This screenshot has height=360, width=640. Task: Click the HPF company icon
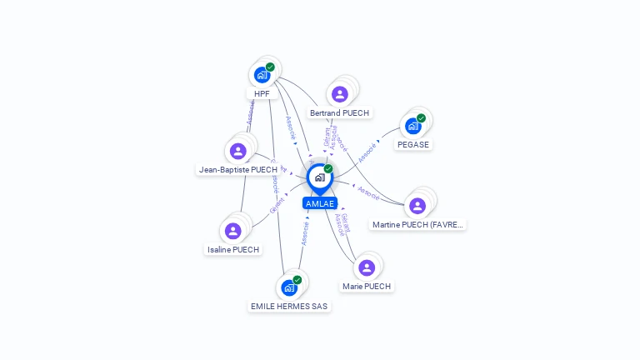[262, 75]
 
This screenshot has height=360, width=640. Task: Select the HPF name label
[262, 93]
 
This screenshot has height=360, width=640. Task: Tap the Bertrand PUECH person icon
[339, 94]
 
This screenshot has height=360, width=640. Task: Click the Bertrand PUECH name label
[339, 112]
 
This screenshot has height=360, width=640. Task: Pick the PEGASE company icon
[412, 126]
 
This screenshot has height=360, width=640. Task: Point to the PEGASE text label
[412, 144]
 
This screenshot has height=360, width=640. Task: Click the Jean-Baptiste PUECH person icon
[237, 151]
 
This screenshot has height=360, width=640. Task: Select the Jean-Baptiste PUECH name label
[237, 169]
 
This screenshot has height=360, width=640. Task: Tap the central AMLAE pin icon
[319, 177]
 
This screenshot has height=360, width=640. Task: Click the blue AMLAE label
[319, 203]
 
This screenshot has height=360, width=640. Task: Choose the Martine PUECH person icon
[417, 206]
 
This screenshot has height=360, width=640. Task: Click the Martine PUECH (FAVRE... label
[417, 224]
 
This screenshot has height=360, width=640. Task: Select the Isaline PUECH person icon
[232, 231]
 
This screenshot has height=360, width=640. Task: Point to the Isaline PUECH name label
[232, 249]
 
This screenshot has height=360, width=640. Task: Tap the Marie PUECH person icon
[366, 267]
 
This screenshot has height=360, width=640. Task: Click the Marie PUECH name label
[366, 286]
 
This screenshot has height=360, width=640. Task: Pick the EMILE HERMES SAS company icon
[289, 287]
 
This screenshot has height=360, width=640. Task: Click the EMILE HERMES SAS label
[289, 306]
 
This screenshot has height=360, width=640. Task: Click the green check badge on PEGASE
[421, 118]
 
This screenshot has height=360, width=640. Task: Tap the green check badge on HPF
[270, 67]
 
